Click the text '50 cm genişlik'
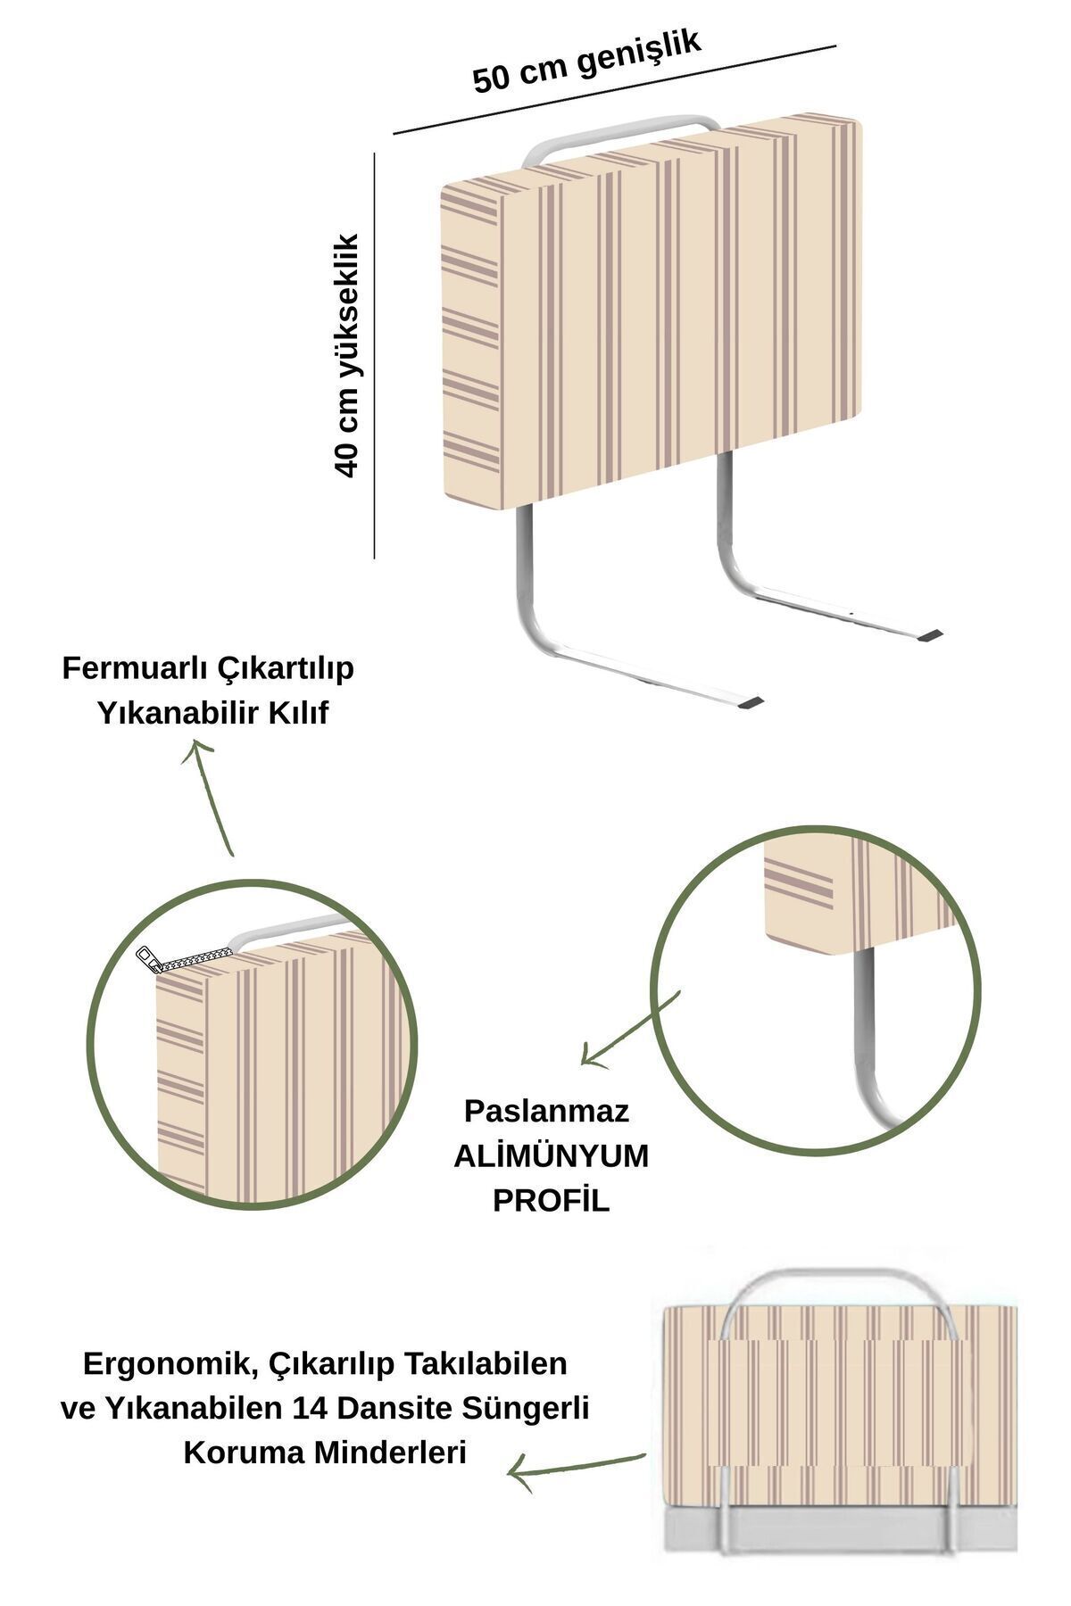tap(585, 61)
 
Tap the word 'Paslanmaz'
tap(546, 1111)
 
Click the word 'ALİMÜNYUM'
tap(551, 1156)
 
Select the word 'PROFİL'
tap(551, 1201)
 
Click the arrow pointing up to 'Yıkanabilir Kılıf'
tap(211, 799)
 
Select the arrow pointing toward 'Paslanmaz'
tap(630, 1028)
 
